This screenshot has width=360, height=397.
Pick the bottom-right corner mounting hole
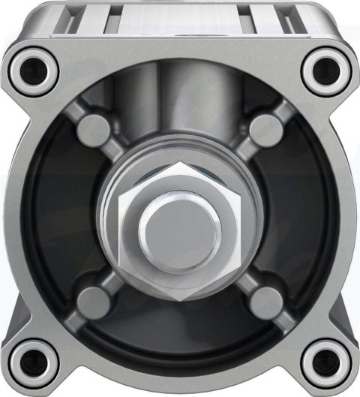click(x=324, y=360)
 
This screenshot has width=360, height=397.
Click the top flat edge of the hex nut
click(x=180, y=172)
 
